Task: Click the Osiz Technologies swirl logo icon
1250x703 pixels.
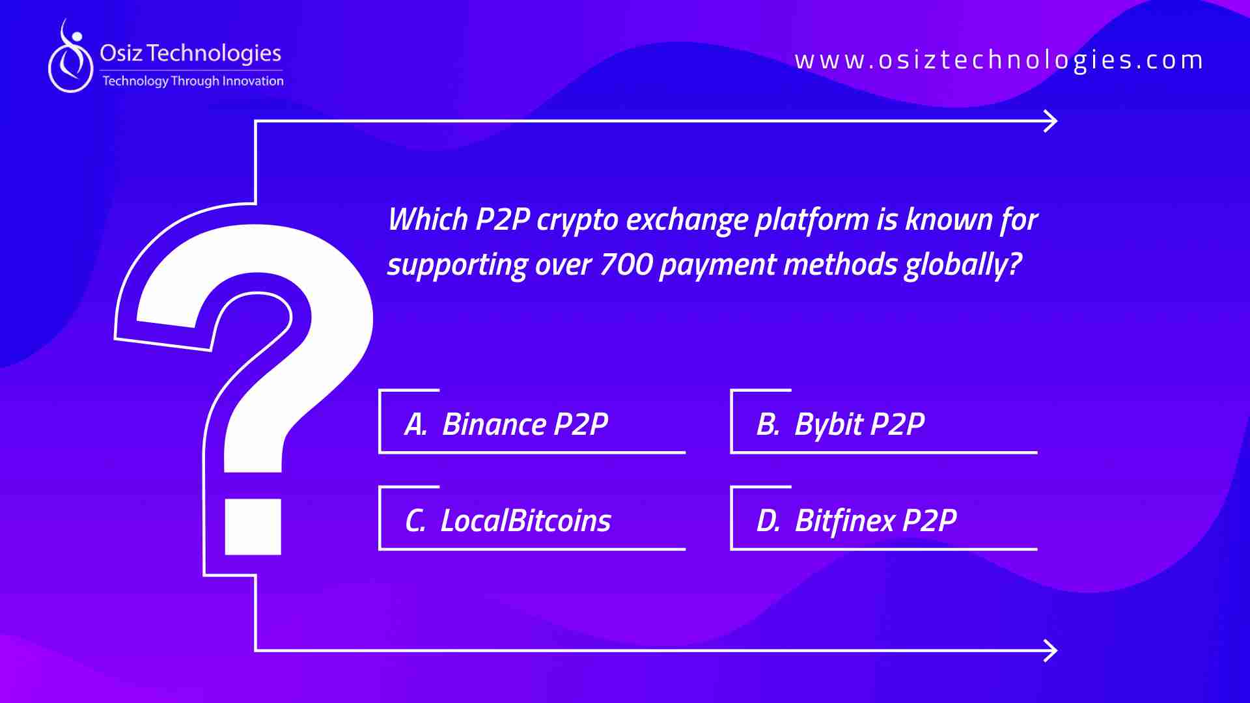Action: [x=71, y=57]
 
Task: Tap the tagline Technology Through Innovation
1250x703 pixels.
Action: [x=193, y=81]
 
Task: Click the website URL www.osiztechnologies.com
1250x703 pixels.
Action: [x=999, y=61]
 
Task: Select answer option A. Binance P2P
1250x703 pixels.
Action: [x=506, y=424]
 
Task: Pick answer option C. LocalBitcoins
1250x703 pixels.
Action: [x=508, y=521]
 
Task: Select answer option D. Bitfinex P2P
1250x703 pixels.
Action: [x=856, y=521]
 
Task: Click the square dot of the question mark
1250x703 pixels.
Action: [x=253, y=527]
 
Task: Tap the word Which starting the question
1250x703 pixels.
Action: [x=428, y=219]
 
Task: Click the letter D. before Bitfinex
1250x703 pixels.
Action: [x=768, y=521]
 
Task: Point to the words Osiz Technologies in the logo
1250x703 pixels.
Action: [x=190, y=53]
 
